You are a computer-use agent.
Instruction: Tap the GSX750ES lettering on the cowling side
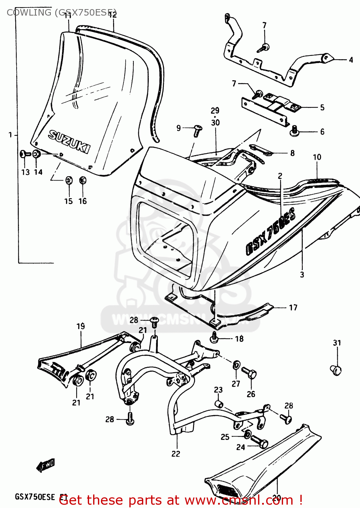click(x=271, y=231)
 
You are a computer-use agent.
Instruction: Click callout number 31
click(x=337, y=343)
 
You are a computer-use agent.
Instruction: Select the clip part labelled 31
click(x=336, y=369)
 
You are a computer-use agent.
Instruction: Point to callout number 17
click(x=293, y=308)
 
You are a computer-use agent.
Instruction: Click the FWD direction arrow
click(x=46, y=465)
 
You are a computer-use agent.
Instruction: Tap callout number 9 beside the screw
click(x=178, y=128)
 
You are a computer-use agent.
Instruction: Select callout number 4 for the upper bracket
click(x=351, y=60)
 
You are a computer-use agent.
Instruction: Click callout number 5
click(x=322, y=107)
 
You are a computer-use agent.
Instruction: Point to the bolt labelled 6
click(x=294, y=131)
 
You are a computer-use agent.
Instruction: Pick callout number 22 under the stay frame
click(x=176, y=453)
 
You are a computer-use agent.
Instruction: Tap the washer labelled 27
click(x=236, y=365)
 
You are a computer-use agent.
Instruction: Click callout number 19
click(x=81, y=326)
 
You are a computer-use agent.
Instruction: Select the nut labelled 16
click(x=82, y=180)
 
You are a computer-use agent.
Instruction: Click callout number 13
click(x=25, y=172)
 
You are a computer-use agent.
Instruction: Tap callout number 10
click(x=317, y=157)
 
